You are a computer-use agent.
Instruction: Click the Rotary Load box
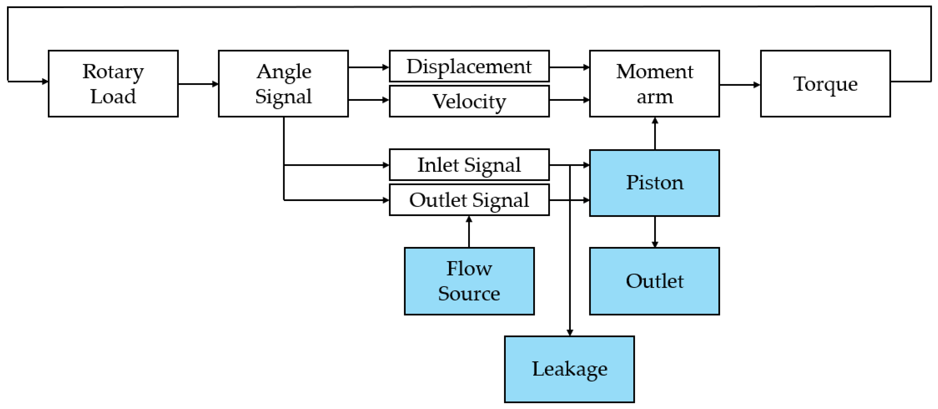(x=113, y=83)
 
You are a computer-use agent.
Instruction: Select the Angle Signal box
(x=283, y=83)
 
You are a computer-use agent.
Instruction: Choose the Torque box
(x=825, y=83)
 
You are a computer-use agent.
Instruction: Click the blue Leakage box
(x=570, y=369)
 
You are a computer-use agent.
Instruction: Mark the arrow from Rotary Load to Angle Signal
(x=198, y=84)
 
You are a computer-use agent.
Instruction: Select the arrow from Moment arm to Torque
(x=740, y=85)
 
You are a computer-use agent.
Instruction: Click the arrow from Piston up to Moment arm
(x=655, y=133)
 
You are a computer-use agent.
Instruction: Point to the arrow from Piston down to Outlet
(x=655, y=232)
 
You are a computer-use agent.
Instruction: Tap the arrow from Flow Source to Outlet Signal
(x=469, y=232)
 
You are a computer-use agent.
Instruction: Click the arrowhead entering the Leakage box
(x=570, y=332)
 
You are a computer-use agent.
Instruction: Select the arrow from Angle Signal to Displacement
(x=369, y=67)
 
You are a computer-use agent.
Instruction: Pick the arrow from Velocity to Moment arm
(x=570, y=100)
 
